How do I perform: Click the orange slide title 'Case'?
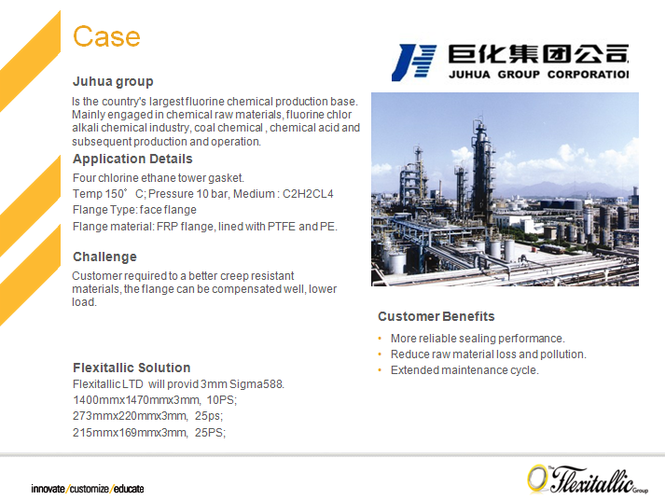[106, 36]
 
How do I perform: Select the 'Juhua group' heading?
[113, 81]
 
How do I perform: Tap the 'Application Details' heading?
[132, 159]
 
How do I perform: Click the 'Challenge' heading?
[104, 257]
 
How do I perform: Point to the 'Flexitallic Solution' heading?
[132, 368]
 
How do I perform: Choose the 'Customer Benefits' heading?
[436, 316]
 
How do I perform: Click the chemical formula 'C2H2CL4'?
[308, 194]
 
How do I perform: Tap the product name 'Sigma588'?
[256, 384]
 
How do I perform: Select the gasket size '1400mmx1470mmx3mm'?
[136, 400]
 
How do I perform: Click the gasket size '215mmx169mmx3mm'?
[130, 433]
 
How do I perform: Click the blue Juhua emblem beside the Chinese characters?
[414, 62]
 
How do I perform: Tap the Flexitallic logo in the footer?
[588, 479]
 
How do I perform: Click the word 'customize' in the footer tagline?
[89, 489]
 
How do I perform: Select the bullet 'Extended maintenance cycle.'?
[464, 370]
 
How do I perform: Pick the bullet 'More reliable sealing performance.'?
[478, 339]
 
